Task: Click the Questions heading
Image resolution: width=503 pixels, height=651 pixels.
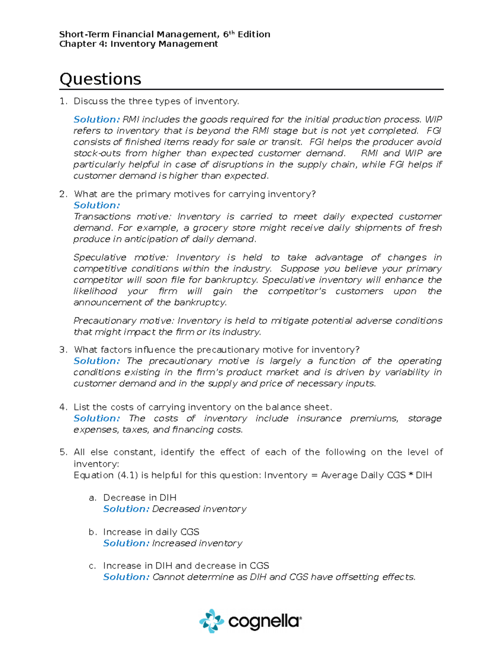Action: click(x=100, y=79)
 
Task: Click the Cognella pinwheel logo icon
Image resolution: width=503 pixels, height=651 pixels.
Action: click(x=212, y=620)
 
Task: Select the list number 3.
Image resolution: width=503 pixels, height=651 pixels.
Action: click(x=62, y=350)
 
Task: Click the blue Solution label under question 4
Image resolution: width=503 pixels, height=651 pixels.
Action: click(x=96, y=418)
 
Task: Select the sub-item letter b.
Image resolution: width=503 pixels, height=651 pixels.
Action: click(x=92, y=532)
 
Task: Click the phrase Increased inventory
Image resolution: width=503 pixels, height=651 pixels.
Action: click(x=197, y=543)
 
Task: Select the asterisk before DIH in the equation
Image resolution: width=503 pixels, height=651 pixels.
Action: click(x=410, y=475)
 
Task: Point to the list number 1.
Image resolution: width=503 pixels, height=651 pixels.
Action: click(x=62, y=101)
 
